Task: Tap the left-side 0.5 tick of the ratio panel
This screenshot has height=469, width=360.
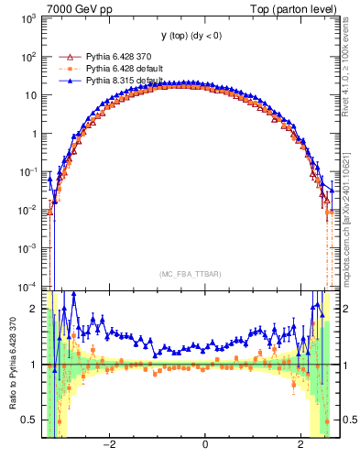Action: (x=29, y=420)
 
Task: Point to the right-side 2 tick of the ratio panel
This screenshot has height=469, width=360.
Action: (x=344, y=309)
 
